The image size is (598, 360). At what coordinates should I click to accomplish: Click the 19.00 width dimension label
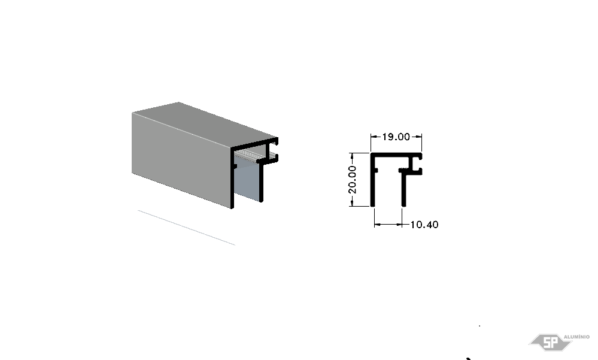pos(396,137)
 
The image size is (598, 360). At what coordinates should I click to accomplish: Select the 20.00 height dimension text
pos(353,180)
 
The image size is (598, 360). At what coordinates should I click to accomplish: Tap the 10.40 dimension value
pos(424,225)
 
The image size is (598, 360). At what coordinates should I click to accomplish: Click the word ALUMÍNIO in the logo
pos(576,337)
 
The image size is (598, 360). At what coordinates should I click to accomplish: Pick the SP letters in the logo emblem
pos(550,343)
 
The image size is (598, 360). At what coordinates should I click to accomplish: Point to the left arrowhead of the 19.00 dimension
pos(374,137)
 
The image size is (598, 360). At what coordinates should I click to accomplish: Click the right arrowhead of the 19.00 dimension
pos(419,137)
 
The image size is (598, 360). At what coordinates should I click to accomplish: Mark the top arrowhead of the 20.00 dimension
pos(352,155)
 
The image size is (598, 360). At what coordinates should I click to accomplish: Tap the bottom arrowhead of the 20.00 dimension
pos(352,204)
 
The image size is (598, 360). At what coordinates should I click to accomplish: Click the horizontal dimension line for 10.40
pos(388,225)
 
